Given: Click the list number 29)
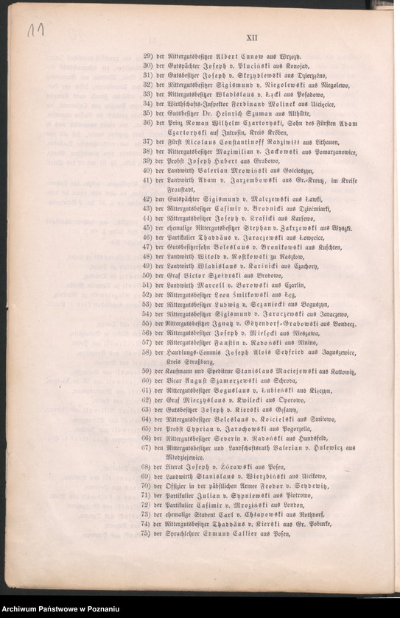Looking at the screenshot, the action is coord(147,56).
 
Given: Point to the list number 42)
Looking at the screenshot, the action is coord(147,199).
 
